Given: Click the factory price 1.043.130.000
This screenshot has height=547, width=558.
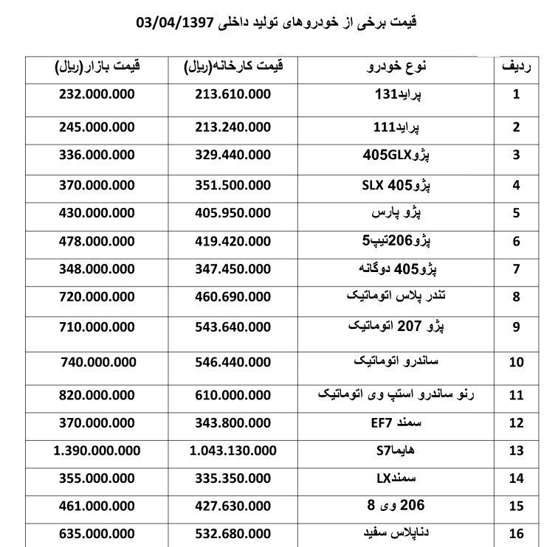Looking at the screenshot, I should click(x=233, y=450).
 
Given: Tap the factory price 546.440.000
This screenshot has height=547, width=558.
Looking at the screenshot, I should click(x=232, y=362).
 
